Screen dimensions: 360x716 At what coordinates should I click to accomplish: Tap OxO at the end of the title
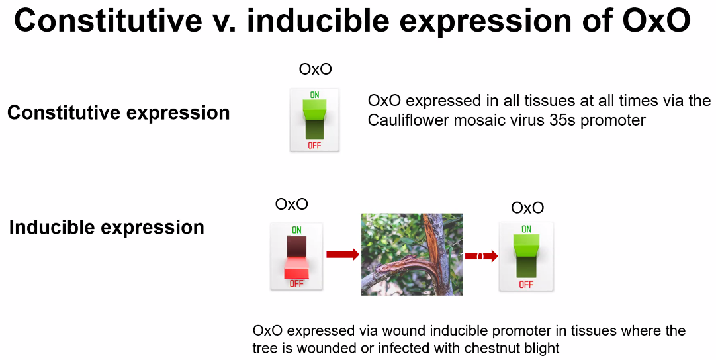coord(656,21)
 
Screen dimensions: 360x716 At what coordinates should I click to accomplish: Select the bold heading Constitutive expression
coord(118,112)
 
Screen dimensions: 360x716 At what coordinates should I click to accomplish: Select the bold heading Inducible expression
coord(107,228)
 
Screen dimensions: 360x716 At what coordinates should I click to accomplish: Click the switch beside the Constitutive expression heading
coord(314,120)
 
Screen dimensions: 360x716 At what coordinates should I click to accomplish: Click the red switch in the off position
coord(296,256)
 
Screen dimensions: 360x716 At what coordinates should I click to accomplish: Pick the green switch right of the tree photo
coord(526,256)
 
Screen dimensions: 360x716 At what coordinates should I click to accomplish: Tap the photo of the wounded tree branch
coord(412,254)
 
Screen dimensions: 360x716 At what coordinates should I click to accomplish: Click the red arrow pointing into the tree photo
coord(342,254)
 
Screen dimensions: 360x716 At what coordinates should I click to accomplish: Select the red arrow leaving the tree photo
coord(481,256)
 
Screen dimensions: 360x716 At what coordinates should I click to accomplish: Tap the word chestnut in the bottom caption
coord(490,348)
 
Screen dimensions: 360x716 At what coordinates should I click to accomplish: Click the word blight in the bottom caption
coord(541,348)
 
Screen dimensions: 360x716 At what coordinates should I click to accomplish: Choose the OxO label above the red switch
coord(292,204)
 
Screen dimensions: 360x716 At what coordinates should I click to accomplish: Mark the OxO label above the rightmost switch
coord(527,208)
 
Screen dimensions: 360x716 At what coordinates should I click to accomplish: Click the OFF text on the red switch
coord(296,283)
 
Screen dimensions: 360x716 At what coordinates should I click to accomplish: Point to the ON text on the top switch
coord(314,95)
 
